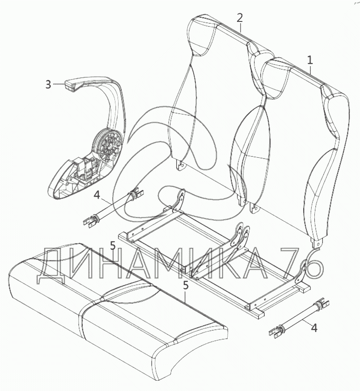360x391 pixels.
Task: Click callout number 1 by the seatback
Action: [x=310, y=59]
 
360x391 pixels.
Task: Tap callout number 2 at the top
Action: [x=240, y=18]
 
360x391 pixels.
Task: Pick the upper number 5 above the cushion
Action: [x=113, y=246]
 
